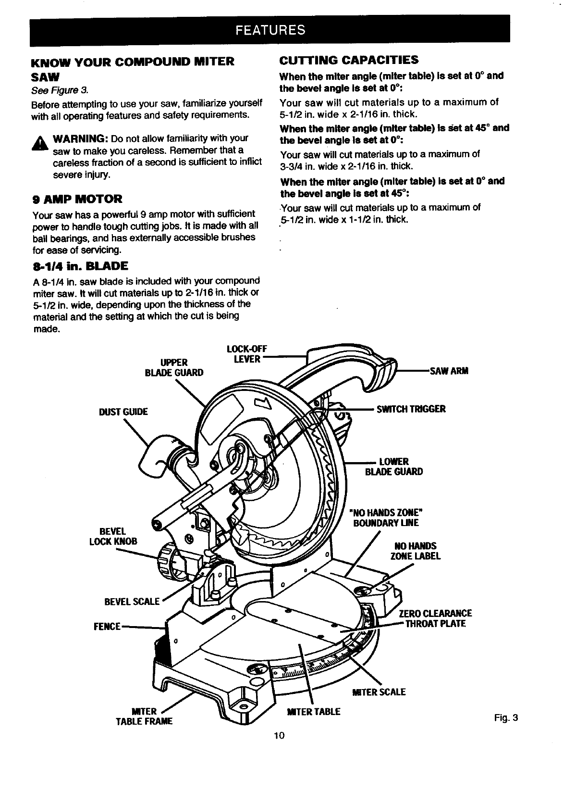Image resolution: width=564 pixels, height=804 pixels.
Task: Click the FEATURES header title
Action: click(x=270, y=30)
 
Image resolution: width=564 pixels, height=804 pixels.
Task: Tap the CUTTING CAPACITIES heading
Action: click(x=349, y=60)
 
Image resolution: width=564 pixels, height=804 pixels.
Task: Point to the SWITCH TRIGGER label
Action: click(x=411, y=409)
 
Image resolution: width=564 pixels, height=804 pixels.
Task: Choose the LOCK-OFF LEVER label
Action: click(x=245, y=354)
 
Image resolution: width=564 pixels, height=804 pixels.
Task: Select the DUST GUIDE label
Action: click(x=123, y=412)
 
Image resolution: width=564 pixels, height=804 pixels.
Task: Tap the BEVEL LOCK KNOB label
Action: click(x=113, y=536)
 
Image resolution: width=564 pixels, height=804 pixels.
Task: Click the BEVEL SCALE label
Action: click(x=132, y=601)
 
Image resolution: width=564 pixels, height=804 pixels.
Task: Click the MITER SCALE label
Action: click(x=379, y=692)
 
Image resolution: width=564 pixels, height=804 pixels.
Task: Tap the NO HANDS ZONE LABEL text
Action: click(x=416, y=551)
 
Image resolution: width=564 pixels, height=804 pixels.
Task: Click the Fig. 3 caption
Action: click(x=507, y=718)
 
